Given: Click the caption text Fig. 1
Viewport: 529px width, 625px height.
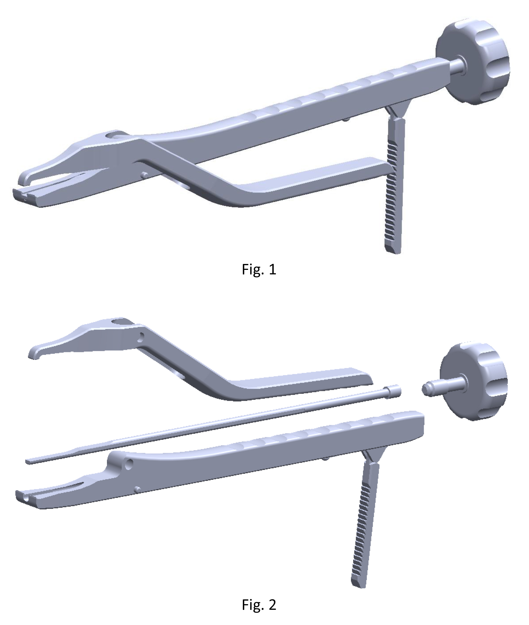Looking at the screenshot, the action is (x=259, y=269).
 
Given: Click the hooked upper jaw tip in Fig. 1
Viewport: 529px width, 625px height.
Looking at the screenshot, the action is (x=24, y=180).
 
